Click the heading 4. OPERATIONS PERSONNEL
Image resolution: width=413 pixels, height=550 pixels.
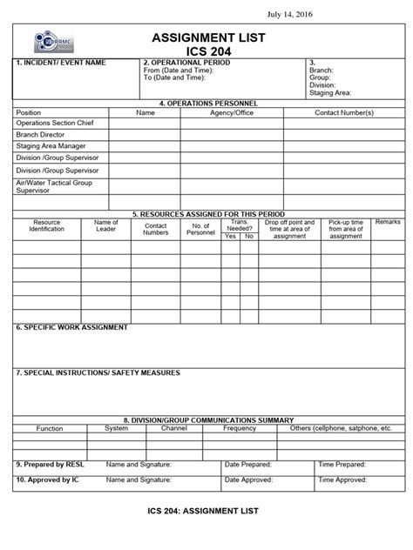[206, 104]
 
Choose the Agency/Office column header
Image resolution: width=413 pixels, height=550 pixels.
[232, 113]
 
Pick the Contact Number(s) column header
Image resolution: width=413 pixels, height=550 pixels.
[343, 113]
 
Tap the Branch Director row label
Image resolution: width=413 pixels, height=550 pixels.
[40, 135]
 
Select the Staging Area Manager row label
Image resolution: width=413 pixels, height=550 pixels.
[51, 146]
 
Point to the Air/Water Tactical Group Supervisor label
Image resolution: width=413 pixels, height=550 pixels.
[54, 186]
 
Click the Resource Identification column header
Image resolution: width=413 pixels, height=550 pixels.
[47, 226]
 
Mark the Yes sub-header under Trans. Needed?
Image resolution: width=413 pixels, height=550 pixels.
[230, 236]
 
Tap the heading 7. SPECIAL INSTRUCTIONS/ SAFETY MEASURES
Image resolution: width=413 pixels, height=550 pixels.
[98, 372]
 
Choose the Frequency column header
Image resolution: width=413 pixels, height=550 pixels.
[239, 428]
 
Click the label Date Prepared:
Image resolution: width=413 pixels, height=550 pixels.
[249, 465]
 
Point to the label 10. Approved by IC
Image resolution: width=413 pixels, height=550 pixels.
[48, 480]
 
